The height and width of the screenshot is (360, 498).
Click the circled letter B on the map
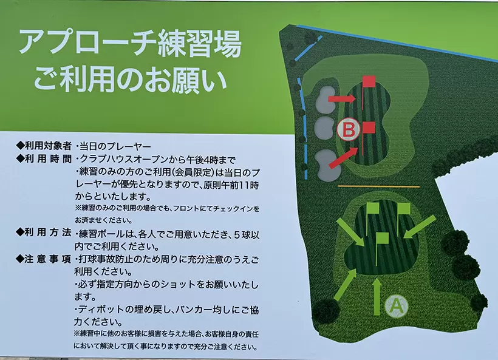point(349,129)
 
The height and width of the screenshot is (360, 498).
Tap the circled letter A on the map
point(397,306)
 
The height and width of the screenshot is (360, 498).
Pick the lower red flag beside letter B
point(368,138)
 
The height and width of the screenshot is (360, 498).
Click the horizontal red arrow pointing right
point(342,99)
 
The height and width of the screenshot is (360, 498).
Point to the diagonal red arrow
point(344,157)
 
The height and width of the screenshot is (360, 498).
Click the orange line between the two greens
point(379,186)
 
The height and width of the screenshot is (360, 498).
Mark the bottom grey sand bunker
point(329,165)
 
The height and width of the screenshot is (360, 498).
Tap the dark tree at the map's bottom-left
point(326,311)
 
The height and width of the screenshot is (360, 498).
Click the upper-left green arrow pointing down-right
point(351,232)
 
